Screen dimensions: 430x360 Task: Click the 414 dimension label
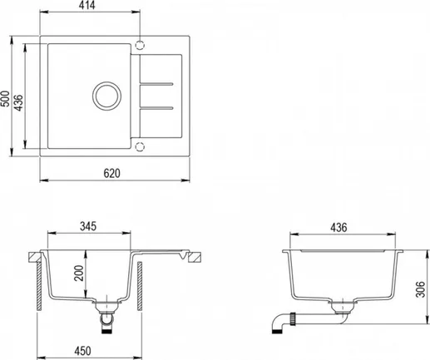click(86, 5)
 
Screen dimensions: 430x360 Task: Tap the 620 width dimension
click(112, 173)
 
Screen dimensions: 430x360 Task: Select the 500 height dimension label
click(5, 98)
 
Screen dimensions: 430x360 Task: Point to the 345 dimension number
click(88, 226)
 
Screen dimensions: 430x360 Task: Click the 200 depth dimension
click(79, 273)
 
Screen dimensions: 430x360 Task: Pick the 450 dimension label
click(82, 351)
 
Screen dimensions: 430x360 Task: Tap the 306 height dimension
click(420, 289)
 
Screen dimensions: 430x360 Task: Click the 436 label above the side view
click(339, 228)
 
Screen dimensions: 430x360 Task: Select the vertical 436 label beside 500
click(18, 103)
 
